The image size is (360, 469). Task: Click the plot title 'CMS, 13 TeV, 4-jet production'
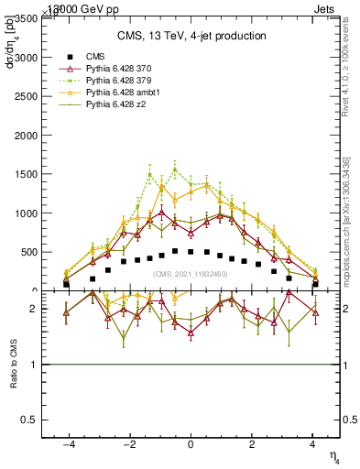(x=191, y=36)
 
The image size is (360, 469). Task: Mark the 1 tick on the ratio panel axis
(x=33, y=365)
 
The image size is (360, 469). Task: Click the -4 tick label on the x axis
(x=67, y=444)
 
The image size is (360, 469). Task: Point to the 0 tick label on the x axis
(x=191, y=444)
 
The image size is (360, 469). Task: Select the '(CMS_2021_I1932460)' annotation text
(x=191, y=274)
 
